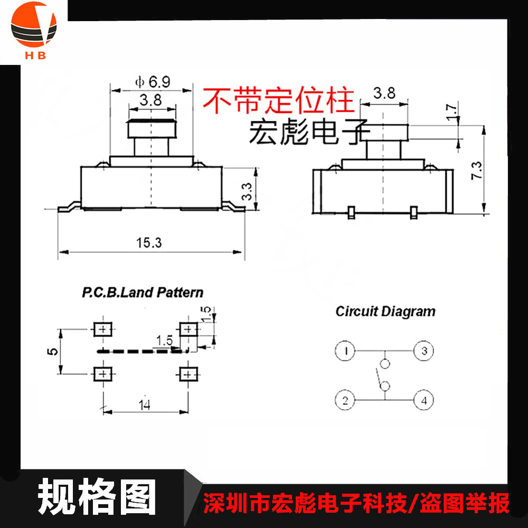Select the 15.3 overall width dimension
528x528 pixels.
point(149,243)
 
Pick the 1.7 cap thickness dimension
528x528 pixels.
point(450,113)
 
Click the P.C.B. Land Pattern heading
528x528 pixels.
point(142,292)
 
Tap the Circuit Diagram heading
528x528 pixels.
point(385,311)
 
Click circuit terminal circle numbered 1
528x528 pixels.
point(345,351)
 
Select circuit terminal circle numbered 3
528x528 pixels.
point(423,351)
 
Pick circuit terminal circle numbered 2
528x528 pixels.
point(345,400)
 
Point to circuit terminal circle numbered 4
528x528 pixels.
point(423,400)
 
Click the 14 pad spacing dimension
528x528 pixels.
point(144,406)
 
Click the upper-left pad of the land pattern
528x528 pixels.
point(102,329)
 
